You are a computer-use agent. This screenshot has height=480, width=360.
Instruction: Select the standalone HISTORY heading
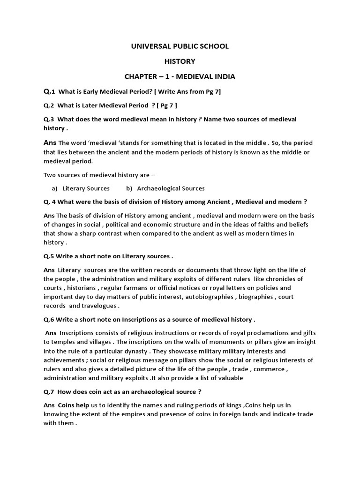click(x=180, y=61)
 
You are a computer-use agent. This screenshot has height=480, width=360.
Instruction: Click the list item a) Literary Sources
click(x=80, y=188)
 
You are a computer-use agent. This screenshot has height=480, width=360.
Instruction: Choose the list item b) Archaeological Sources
click(x=165, y=188)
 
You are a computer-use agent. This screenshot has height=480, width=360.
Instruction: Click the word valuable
click(x=226, y=378)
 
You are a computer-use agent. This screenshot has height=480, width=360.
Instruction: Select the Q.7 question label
click(x=49, y=391)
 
